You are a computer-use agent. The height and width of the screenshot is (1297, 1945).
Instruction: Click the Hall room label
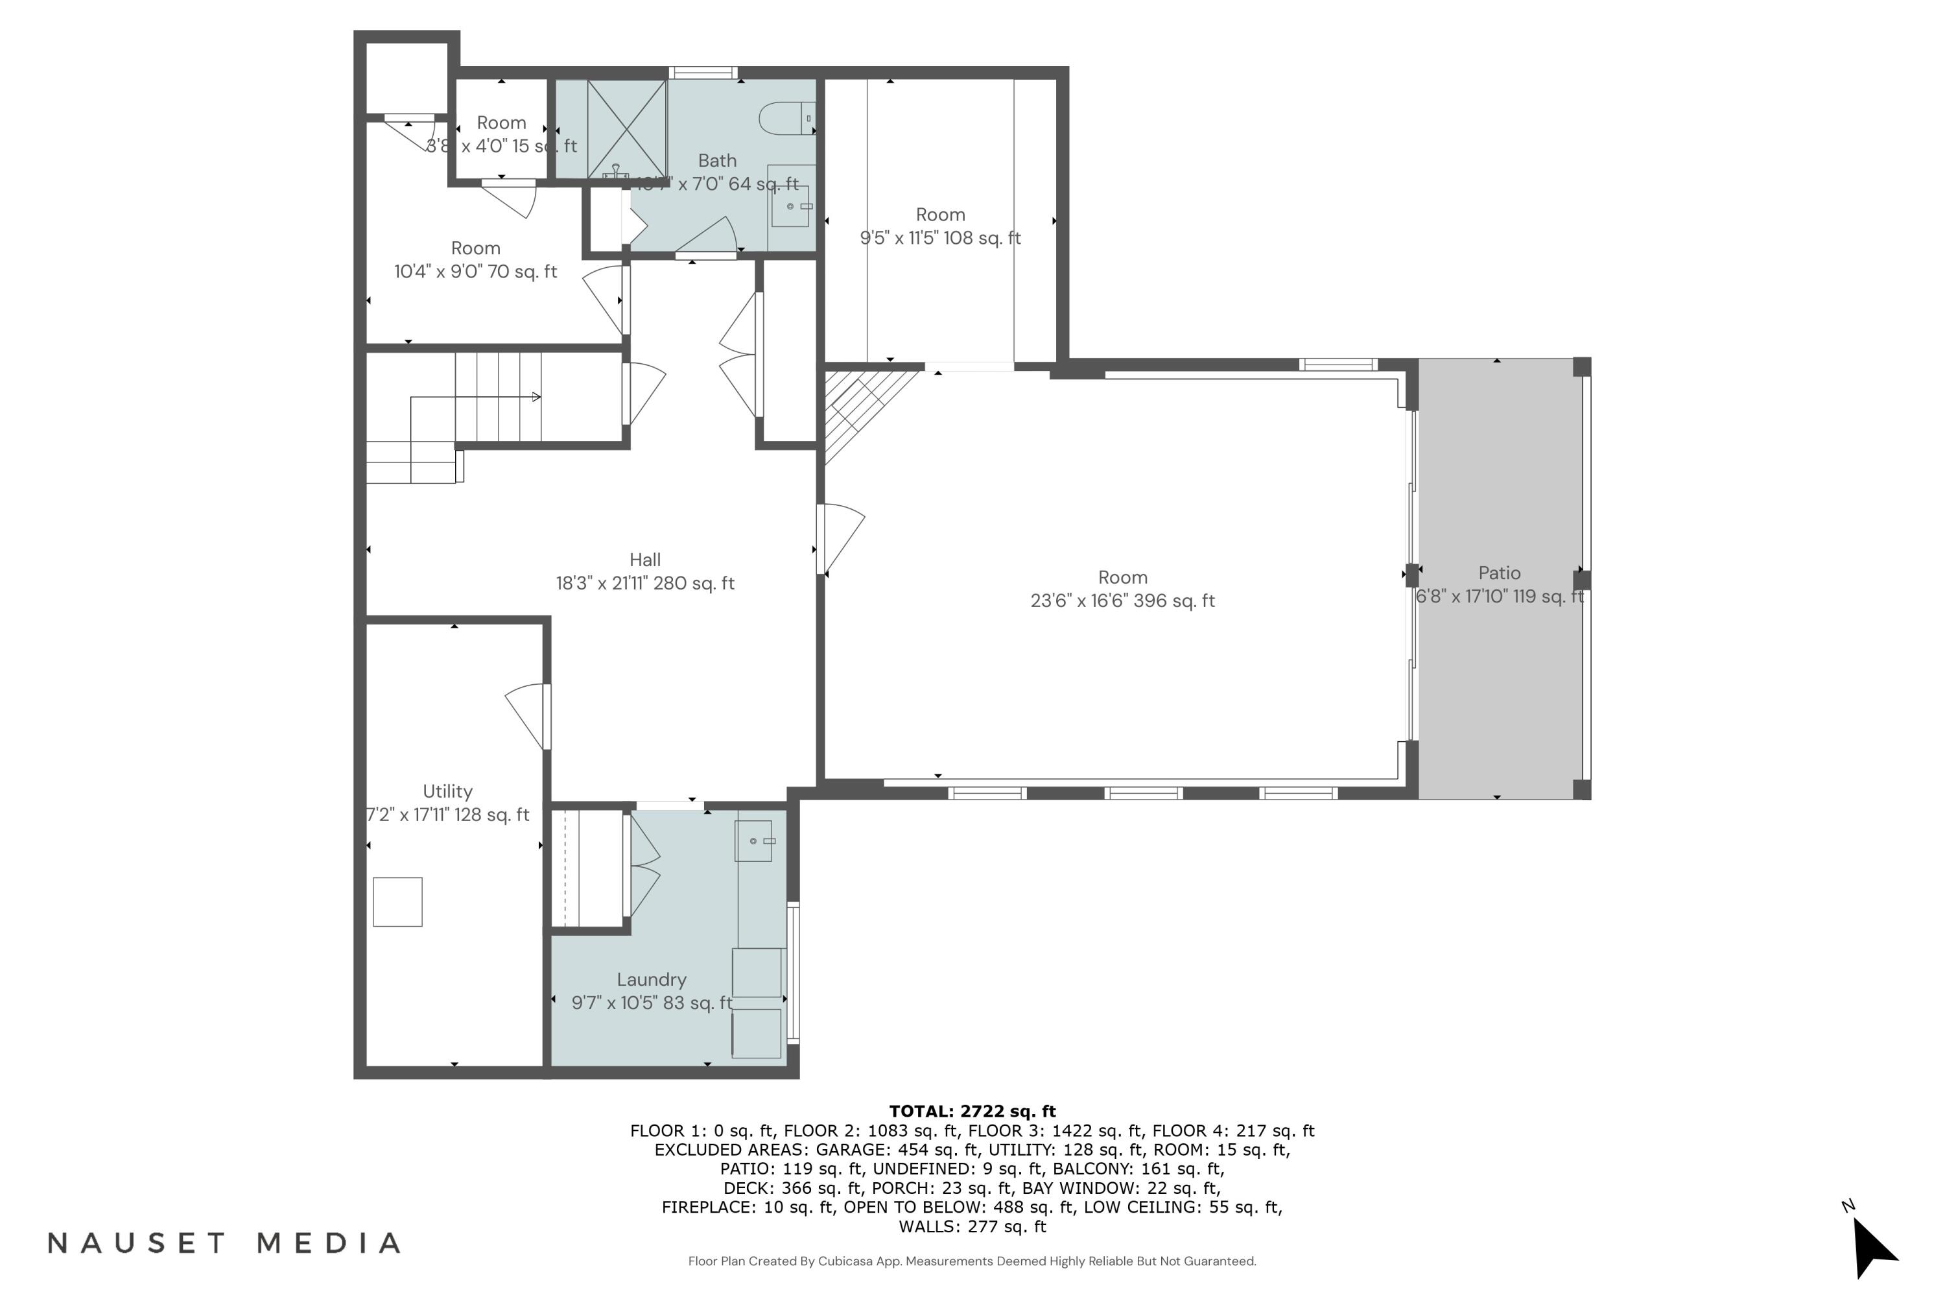click(x=644, y=560)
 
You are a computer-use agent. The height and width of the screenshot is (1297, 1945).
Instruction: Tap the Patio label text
click(x=1498, y=573)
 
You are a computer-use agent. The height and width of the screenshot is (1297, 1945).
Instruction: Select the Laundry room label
click(x=651, y=979)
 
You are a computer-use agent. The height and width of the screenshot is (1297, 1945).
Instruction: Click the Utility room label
click(x=447, y=792)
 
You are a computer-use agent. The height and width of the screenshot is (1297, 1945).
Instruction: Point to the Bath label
click(x=716, y=160)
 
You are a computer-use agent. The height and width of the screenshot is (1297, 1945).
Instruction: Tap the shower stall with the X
click(x=626, y=128)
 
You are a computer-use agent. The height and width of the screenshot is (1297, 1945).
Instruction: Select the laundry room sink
click(x=753, y=841)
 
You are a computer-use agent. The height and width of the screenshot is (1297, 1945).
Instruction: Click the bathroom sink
click(x=790, y=206)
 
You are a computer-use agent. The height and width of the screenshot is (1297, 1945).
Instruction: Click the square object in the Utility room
click(x=398, y=901)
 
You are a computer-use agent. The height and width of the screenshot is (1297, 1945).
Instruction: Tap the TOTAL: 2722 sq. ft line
click(x=972, y=1111)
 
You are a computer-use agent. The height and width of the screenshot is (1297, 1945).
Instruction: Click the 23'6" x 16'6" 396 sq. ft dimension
click(x=1122, y=601)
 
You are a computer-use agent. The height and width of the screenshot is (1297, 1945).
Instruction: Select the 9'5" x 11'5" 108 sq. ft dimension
click(x=940, y=238)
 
